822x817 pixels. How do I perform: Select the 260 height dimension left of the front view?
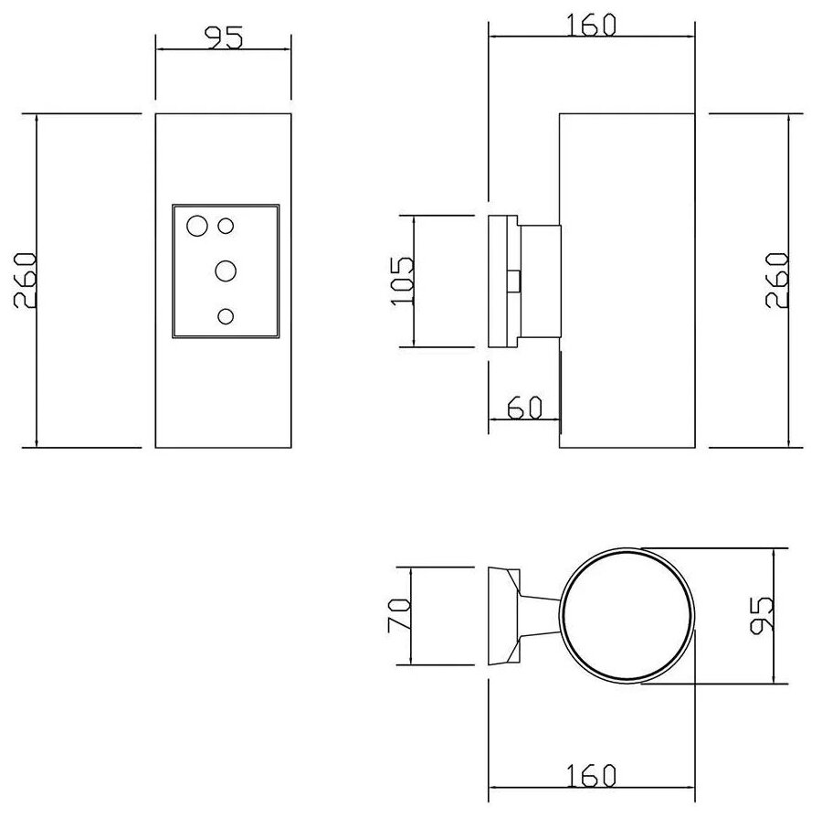pos(25,280)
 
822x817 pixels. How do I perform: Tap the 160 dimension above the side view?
pos(591,25)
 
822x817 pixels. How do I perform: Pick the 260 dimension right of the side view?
pos(777,280)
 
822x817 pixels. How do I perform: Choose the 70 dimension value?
pos(399,617)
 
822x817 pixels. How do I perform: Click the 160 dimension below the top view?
pos(591,776)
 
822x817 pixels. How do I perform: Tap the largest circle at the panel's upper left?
pos(196,226)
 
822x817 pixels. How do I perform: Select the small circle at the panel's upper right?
pos(227,225)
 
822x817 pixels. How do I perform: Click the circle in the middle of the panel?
pos(226,271)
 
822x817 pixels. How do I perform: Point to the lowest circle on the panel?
pos(226,316)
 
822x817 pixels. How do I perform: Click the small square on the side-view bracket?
pos(514,281)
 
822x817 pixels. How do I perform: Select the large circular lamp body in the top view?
pos(626,617)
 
